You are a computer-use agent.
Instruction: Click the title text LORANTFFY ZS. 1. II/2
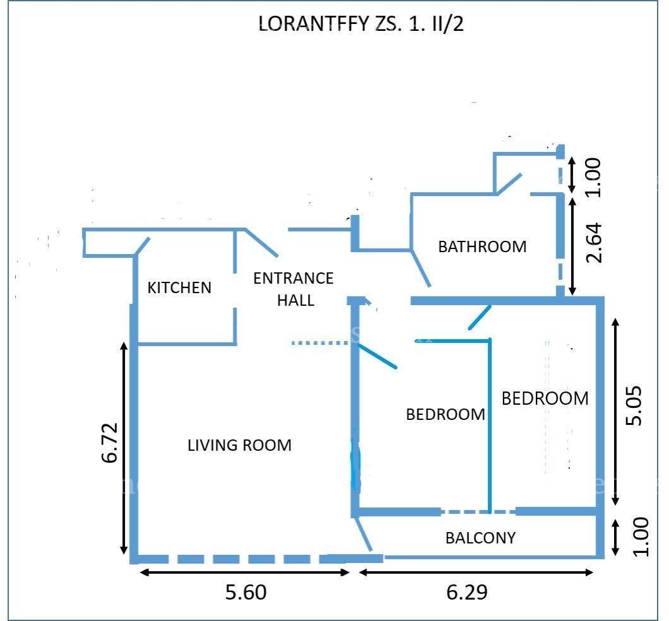point(360,24)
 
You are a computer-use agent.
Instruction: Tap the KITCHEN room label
point(179,287)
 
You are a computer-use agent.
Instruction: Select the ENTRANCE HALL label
point(293,289)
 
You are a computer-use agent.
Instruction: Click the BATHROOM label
point(482,247)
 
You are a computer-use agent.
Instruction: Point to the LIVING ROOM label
point(239,445)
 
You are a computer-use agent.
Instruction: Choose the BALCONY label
point(480,538)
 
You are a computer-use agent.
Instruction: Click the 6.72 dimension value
point(110,443)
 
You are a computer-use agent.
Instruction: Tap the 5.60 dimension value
point(246,593)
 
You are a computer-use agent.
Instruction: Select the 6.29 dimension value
point(467,593)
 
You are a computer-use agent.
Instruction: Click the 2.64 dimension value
point(594,243)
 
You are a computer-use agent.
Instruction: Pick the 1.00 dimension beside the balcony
point(641,537)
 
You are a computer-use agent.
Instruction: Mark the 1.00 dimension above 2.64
point(594,177)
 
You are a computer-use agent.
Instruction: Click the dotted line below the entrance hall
point(320,342)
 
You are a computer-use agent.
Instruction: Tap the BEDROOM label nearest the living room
point(446,414)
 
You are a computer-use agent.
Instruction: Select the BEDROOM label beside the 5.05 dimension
point(545,398)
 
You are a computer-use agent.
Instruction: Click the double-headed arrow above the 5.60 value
point(244,572)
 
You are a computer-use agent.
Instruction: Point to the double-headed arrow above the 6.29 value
point(476,572)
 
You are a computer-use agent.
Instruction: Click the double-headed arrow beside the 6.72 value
point(124,448)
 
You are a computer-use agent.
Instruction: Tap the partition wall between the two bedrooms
point(490,426)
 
